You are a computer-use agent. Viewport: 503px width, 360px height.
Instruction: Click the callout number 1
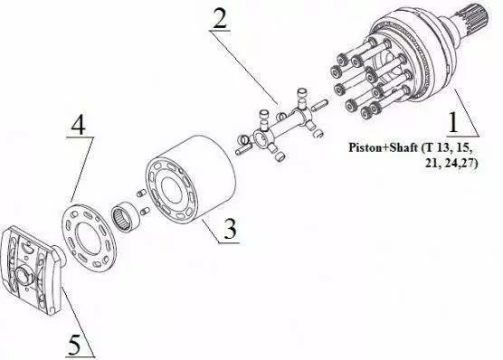453,123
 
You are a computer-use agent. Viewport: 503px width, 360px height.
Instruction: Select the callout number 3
230,229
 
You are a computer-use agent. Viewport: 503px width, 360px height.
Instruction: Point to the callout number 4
79,125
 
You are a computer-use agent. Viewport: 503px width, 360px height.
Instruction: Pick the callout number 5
74,345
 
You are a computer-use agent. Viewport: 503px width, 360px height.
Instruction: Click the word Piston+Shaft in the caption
384,147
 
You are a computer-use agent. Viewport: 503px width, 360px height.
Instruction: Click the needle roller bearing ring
125,216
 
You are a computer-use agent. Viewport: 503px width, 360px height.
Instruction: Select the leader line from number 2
245,68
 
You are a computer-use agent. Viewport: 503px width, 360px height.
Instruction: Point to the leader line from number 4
82,170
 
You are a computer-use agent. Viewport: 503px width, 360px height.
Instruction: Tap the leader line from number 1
467,112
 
